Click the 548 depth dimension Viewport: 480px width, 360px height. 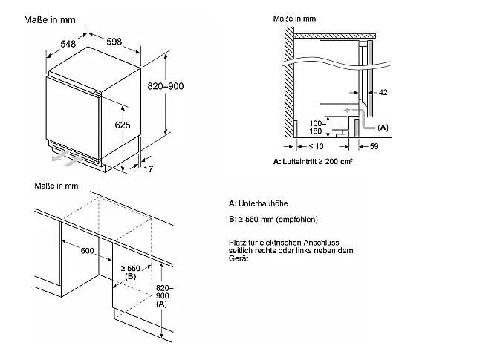68,44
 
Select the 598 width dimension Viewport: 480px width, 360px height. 114,42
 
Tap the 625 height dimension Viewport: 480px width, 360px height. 123,125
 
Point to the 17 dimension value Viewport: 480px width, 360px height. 148,168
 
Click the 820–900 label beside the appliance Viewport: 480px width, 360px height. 166,86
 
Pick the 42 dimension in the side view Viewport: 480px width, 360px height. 383,92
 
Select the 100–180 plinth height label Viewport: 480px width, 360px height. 316,127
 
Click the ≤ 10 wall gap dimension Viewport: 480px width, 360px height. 316,146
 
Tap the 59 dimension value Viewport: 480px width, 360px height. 374,146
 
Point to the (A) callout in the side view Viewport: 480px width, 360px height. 383,128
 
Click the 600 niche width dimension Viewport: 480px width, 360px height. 87,251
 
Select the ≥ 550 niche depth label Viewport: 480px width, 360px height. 131,269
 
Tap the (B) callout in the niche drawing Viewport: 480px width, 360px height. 131,277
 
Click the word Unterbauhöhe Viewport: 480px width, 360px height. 263,203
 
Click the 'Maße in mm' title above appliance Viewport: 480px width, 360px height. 50,20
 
